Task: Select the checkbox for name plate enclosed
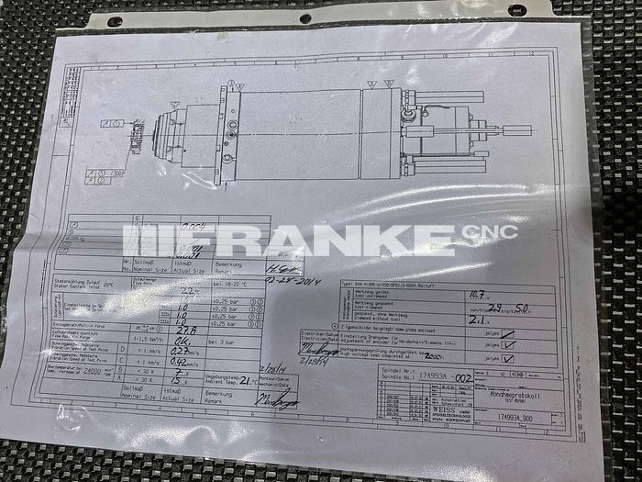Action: pos(507,334)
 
